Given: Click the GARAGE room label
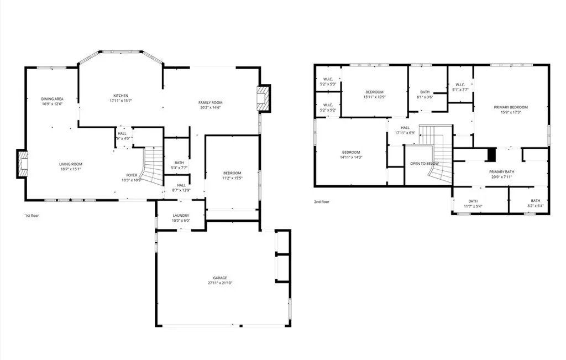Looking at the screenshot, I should (x=221, y=278).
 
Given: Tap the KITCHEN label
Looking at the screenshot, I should (x=120, y=96).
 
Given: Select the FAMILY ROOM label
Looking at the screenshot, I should (x=210, y=102).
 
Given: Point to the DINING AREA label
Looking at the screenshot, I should (x=52, y=99).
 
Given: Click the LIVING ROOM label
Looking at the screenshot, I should (x=71, y=164).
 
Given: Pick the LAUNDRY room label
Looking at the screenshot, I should (x=181, y=216).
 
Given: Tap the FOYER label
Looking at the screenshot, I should (x=131, y=175).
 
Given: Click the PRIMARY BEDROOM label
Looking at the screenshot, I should (x=511, y=107).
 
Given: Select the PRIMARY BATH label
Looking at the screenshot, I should (x=501, y=172).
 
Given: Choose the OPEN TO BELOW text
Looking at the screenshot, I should (x=424, y=164).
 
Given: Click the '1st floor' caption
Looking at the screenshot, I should (x=32, y=215).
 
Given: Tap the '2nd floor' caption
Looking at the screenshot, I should (x=322, y=202).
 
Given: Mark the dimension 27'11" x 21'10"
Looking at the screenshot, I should (x=221, y=283).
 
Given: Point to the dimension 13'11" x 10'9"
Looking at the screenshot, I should (x=374, y=97).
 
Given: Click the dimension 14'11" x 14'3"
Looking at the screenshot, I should (x=351, y=158).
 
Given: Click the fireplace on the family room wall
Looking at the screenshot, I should (x=265, y=98).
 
